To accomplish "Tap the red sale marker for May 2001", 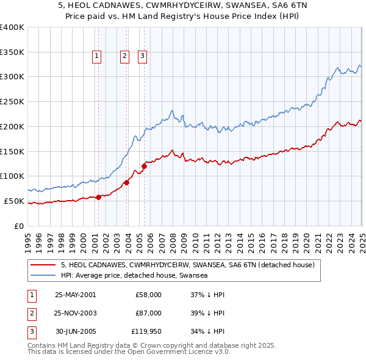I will [x=98, y=196].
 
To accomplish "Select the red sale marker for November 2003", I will [x=127, y=182].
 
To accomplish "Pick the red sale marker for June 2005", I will [x=145, y=165].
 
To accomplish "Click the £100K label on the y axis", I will [x=12, y=176].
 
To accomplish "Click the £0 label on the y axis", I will [x=19, y=226].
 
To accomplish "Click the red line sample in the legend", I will [x=43, y=265].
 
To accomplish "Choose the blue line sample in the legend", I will [x=43, y=275].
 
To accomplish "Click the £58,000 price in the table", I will [x=148, y=294].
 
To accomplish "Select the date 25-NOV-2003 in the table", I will [x=76, y=312].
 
